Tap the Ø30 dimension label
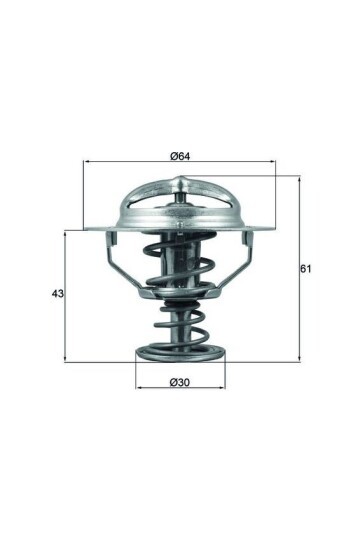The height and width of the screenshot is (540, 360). point(180,382)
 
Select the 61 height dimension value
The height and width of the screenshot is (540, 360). point(307,269)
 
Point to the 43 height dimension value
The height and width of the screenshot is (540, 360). point(57,295)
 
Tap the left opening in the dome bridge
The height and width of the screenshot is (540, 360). point(152,210)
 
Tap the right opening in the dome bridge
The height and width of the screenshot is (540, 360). point(209,210)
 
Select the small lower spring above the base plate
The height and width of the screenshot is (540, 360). point(180,327)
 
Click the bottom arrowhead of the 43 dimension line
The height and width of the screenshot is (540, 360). point(66,358)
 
